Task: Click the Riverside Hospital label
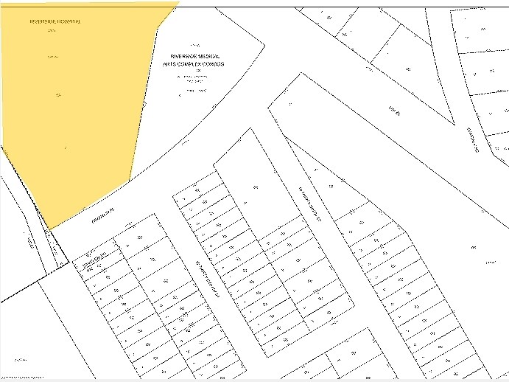(55, 21)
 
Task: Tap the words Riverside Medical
(195, 56)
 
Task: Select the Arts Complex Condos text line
(194, 64)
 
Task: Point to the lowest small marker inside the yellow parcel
(66, 149)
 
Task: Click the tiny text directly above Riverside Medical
(194, 46)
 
